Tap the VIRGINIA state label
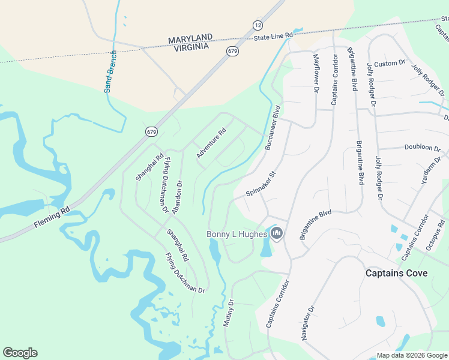pos(189,46)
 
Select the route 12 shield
pos(258,25)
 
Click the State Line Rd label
pos(273,37)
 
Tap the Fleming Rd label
pos(53,215)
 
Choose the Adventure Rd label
pos(211,143)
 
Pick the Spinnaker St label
pos(261,185)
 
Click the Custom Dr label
pos(390,64)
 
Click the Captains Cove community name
pos(397,273)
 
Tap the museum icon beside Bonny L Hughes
pos(277,233)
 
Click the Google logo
pos(20,353)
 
